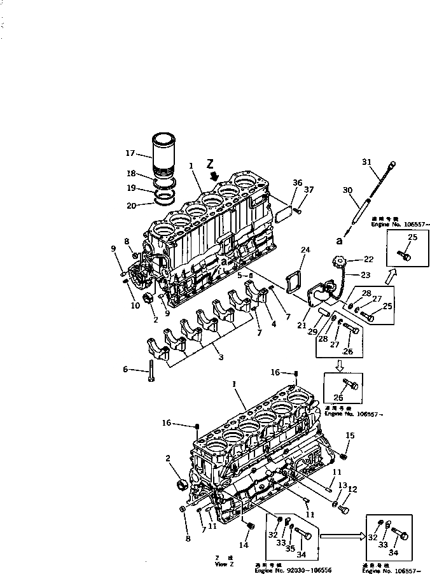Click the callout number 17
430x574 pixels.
pos(130,153)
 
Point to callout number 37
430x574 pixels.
pos(309,189)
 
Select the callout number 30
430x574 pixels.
pos(347,190)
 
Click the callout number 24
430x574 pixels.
pos(305,249)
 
